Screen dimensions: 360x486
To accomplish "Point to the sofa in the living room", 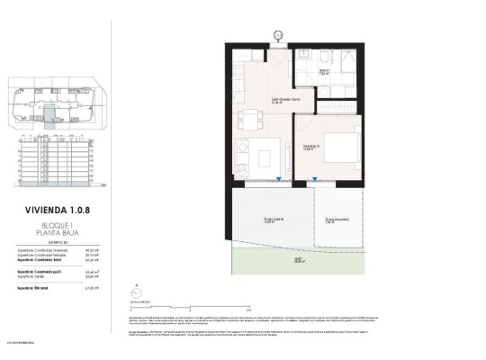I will coord(242,160).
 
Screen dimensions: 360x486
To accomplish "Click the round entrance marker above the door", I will coord(278,35).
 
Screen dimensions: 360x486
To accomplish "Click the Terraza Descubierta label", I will coord(336,220).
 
